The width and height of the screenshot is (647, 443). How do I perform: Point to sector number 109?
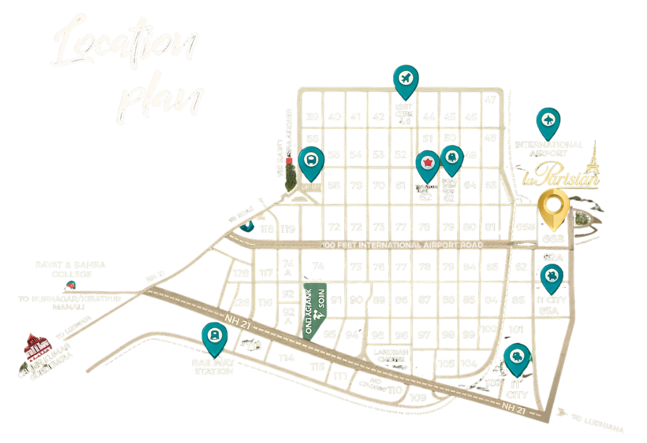point(418,397)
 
